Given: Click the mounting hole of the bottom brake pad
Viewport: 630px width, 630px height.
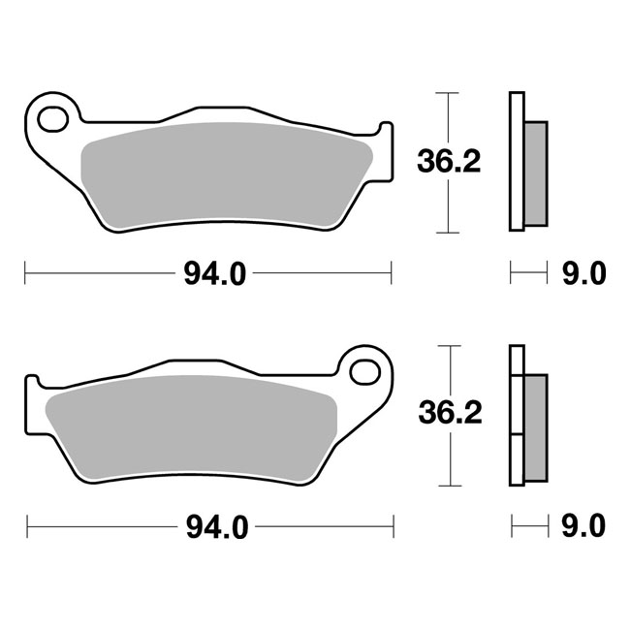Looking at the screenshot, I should click(x=366, y=370).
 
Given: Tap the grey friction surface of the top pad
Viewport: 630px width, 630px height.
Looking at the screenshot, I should click(x=228, y=174).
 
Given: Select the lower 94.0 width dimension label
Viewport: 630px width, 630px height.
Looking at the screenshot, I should click(x=213, y=527).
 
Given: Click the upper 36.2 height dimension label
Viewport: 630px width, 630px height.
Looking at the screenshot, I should click(x=448, y=162).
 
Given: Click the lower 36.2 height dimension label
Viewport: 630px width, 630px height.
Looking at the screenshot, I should click(x=448, y=414).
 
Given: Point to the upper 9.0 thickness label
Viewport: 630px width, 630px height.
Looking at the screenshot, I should click(x=583, y=274).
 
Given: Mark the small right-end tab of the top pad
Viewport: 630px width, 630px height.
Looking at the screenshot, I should click(x=387, y=145).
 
